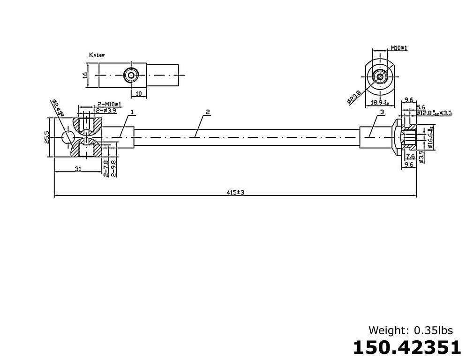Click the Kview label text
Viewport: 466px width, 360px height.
pyautogui.click(x=97, y=55)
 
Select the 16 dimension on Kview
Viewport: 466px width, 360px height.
pyautogui.click(x=86, y=75)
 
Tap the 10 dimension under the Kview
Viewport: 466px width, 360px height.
pyautogui.click(x=138, y=94)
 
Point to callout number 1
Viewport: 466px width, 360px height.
pyautogui.click(x=133, y=112)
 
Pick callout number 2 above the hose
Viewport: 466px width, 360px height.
pyautogui.click(x=207, y=112)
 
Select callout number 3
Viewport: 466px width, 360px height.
pyautogui.click(x=382, y=112)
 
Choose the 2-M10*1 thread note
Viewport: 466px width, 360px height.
pyautogui.click(x=109, y=104)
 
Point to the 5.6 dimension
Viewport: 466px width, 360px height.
pyautogui.click(x=421, y=107)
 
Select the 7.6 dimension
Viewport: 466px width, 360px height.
pyautogui.click(x=410, y=156)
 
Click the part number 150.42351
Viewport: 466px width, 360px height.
pyautogui.click(x=406, y=348)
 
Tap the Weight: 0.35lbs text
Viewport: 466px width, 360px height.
pyautogui.click(x=411, y=330)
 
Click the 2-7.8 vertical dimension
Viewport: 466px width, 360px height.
pyautogui.click(x=106, y=168)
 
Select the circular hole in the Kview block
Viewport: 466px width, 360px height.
pyautogui.click(x=130, y=75)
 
